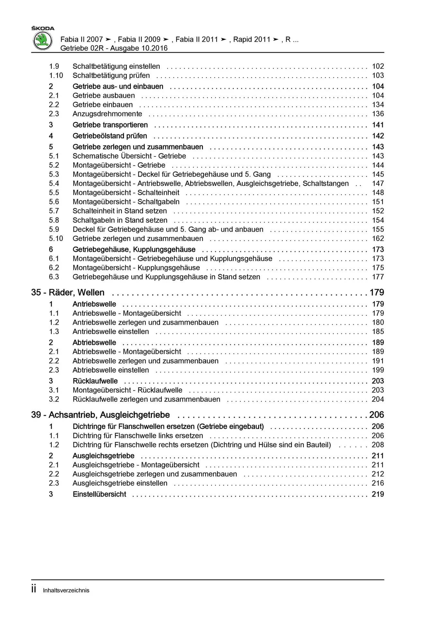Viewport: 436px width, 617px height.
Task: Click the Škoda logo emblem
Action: (x=43, y=41)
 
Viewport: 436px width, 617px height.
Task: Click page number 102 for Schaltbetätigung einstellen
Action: (x=378, y=67)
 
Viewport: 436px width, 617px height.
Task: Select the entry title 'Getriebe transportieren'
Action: (x=110, y=125)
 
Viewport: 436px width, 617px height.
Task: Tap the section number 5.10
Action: (x=56, y=238)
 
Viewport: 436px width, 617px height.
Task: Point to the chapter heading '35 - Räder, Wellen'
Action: (x=68, y=292)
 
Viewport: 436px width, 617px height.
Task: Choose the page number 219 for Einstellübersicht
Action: (x=378, y=494)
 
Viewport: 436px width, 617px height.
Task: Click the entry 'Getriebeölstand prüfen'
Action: (x=110, y=136)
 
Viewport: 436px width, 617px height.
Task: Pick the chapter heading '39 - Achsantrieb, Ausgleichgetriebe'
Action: (x=101, y=415)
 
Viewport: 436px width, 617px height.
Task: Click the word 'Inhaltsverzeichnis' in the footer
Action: (x=66, y=590)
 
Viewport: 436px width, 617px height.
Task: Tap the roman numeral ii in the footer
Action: (x=34, y=590)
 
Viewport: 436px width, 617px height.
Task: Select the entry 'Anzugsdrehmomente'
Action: (x=107, y=114)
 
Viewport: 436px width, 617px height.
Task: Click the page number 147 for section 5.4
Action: (x=378, y=183)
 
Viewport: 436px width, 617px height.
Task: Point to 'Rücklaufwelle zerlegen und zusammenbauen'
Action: (x=146, y=399)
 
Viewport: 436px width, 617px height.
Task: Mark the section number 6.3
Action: (x=54, y=277)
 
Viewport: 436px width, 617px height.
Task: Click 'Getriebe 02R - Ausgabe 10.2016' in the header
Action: (x=114, y=48)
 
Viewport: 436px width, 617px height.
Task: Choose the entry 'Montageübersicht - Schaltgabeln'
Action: (x=126, y=202)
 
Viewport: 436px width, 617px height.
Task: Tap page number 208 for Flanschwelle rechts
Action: (x=378, y=445)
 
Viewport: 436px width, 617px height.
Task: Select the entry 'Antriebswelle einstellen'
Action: (x=111, y=332)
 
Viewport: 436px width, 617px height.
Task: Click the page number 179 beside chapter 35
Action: (x=377, y=292)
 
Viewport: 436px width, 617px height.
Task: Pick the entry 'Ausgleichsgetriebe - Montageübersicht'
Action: (x=136, y=465)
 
